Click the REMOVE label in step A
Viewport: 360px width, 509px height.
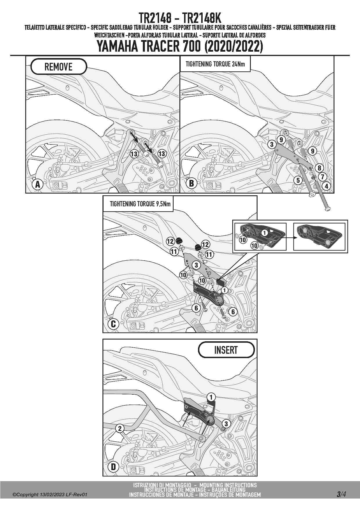58,67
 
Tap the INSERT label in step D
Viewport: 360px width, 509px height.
226,350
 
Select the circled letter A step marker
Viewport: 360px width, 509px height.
37,184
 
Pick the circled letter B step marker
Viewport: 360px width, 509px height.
191,183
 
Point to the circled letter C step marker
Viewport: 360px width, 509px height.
114,324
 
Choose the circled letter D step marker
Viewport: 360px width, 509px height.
114,467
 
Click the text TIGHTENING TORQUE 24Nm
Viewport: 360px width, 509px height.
215,64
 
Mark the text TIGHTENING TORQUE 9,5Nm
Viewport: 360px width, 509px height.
140,204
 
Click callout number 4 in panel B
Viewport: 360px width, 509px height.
326,186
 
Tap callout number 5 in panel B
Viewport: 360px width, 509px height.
298,180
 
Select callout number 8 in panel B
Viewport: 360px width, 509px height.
319,168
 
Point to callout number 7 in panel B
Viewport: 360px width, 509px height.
322,176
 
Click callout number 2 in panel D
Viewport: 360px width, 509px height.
120,428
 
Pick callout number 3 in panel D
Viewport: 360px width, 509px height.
226,424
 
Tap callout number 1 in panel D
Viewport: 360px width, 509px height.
211,397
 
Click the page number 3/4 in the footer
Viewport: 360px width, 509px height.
341,494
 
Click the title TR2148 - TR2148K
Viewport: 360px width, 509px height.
180,18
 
